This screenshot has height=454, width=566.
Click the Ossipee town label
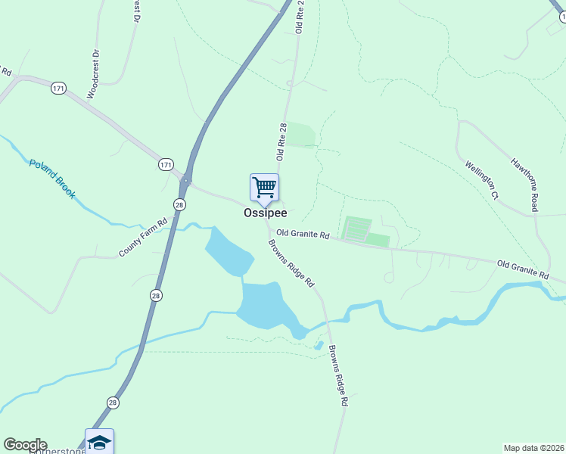click(x=265, y=213)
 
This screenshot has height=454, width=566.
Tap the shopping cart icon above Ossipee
click(x=264, y=187)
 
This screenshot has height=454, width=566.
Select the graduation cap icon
click(x=99, y=441)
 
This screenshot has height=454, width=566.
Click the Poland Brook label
click(x=52, y=179)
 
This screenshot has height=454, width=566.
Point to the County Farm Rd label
click(x=142, y=238)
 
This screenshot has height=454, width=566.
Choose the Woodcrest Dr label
click(x=94, y=74)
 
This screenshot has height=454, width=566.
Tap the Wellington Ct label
click(x=482, y=179)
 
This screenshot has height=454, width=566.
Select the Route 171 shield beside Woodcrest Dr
click(x=59, y=89)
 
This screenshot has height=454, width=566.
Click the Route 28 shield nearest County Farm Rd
click(x=179, y=205)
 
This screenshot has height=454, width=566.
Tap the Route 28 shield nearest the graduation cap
click(x=113, y=403)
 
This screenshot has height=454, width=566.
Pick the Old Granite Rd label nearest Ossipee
click(x=303, y=235)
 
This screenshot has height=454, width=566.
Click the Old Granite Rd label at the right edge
click(x=523, y=268)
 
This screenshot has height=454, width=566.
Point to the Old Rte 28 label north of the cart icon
click(x=282, y=141)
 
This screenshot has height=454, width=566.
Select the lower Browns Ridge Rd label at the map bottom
click(x=337, y=377)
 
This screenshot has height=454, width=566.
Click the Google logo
click(x=25, y=445)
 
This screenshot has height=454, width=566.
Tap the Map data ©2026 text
click(x=534, y=447)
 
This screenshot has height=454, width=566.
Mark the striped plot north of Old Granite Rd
click(x=357, y=228)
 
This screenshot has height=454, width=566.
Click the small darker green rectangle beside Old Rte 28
click(x=300, y=134)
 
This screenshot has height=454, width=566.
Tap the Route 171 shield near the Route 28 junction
click(x=166, y=164)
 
